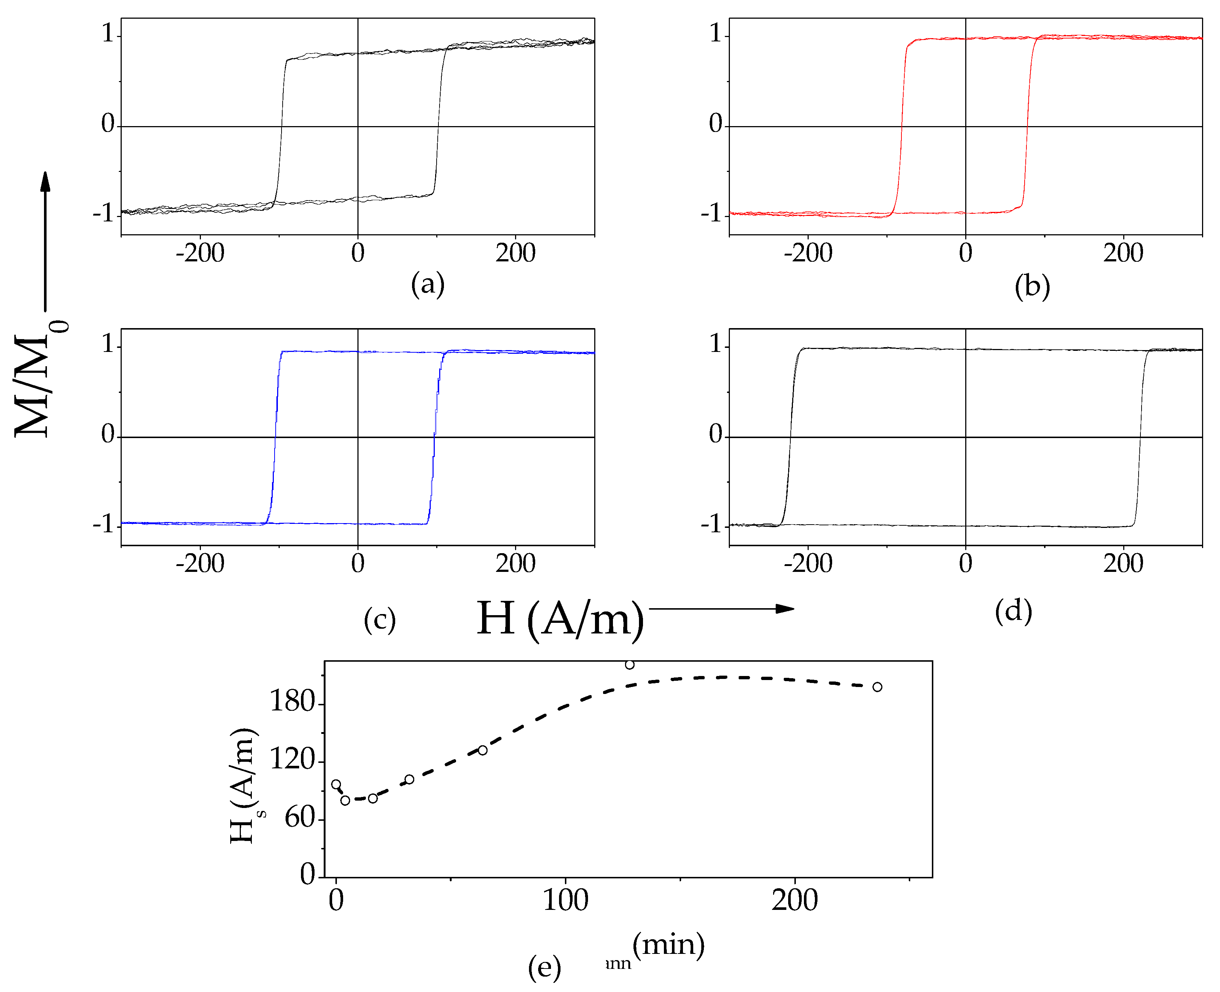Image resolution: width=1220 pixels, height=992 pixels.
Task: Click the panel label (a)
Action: (x=427, y=284)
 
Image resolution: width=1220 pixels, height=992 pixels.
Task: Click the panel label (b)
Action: (x=1032, y=286)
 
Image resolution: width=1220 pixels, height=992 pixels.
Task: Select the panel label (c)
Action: (x=379, y=620)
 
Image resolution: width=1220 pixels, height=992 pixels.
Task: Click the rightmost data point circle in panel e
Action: (x=877, y=687)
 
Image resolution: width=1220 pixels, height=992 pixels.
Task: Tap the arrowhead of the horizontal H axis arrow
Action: (x=786, y=609)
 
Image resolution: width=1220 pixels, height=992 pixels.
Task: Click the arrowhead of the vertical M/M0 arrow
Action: (x=45, y=181)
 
